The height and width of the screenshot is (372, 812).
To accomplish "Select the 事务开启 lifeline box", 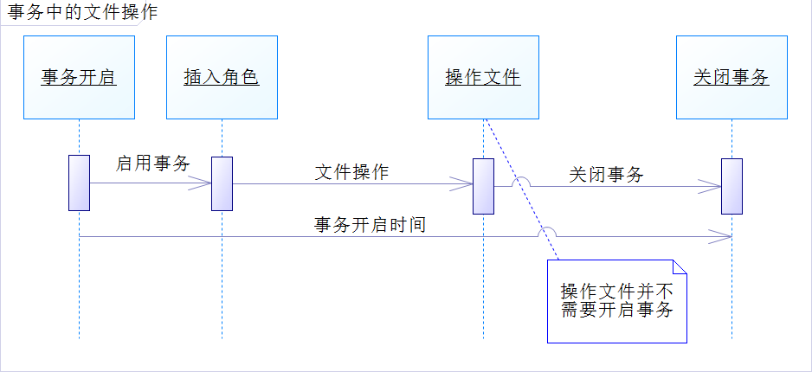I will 80,77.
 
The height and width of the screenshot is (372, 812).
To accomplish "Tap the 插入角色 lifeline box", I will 222,77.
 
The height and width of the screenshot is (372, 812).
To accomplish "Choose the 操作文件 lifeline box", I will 483,77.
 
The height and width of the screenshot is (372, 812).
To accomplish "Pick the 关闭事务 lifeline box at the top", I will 731,77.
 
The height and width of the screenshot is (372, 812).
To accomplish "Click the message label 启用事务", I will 153,163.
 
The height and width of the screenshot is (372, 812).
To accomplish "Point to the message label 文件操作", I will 351,171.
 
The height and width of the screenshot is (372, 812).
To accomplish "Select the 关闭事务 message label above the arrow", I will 606,174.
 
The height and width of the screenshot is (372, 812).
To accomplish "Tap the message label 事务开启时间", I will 370,225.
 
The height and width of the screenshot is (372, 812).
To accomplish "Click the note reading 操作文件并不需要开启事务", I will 616,301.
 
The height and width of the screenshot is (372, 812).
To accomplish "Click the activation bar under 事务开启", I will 80,183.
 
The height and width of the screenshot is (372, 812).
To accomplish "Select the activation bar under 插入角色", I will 222,183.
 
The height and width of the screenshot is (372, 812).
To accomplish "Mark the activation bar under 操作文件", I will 483,185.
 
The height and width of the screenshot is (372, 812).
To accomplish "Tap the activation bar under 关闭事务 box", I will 732,185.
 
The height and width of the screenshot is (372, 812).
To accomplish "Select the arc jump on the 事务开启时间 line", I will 547,232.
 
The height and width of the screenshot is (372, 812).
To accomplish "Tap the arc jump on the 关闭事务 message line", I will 520,182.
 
